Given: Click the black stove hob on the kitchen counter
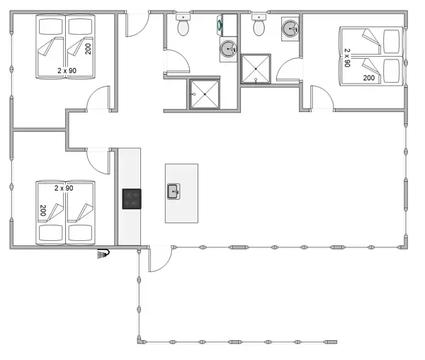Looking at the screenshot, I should click(131, 198).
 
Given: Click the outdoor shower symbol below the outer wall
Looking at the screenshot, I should click(105, 254).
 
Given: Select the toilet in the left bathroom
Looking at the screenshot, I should click(183, 26).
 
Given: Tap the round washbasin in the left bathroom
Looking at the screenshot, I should click(228, 49).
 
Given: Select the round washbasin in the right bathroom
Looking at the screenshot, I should click(290, 28).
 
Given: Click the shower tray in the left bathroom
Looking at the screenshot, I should click(205, 94).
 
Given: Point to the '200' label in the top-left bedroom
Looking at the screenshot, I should click(89, 49).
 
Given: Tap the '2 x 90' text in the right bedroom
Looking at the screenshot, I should click(347, 57).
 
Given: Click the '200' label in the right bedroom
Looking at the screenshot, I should click(368, 78).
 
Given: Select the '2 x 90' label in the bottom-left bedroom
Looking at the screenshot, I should click(64, 188).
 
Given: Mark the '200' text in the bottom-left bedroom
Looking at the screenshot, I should click(42, 210).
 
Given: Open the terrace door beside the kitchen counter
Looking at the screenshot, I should click(159, 259).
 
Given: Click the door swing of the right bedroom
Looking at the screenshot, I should click(322, 98).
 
